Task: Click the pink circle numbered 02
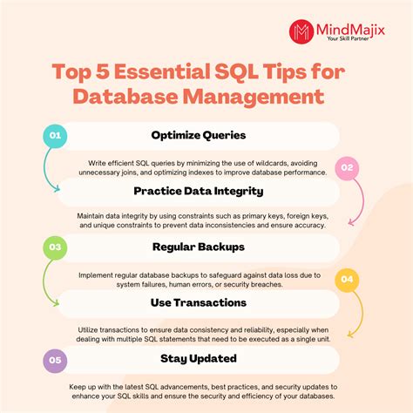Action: pos(347,167)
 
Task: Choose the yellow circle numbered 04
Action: pos(347,279)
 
